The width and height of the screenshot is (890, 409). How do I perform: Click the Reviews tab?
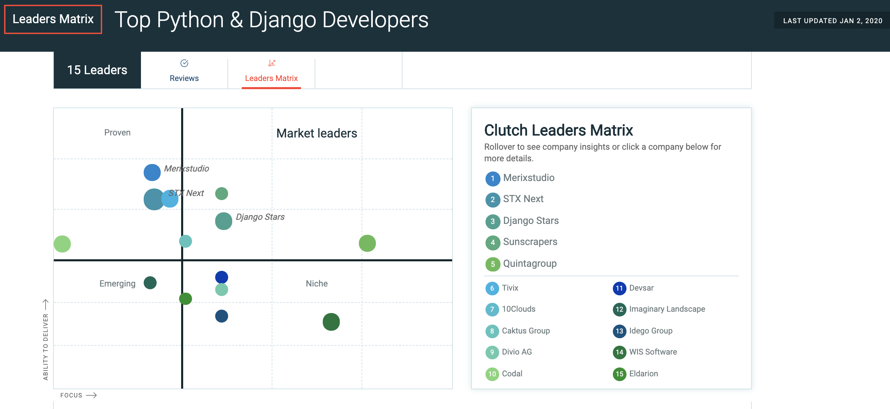pyautogui.click(x=184, y=71)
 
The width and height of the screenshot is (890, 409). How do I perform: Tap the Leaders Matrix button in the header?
pyautogui.click(x=53, y=19)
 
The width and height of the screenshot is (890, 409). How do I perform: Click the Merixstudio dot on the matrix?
pyautogui.click(x=152, y=172)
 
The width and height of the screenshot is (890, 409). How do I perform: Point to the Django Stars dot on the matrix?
pyautogui.click(x=224, y=221)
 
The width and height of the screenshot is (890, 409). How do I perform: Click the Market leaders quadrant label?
pyautogui.click(x=317, y=133)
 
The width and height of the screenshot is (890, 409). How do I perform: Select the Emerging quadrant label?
pyautogui.click(x=117, y=283)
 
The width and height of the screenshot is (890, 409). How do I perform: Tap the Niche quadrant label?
pyautogui.click(x=317, y=283)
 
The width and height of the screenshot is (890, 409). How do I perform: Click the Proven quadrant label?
pyautogui.click(x=117, y=133)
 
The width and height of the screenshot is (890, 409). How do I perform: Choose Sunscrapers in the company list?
pyautogui.click(x=530, y=242)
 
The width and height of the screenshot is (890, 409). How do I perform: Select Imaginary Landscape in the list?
pyautogui.click(x=667, y=309)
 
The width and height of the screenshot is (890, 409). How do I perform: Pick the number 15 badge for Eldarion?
pyautogui.click(x=619, y=374)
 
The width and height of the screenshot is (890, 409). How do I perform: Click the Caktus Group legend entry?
pyautogui.click(x=525, y=331)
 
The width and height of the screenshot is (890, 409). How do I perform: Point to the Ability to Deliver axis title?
pyautogui.click(x=46, y=346)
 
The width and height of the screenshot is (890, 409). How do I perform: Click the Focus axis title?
pyautogui.click(x=71, y=395)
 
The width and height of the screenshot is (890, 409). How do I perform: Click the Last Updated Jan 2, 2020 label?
pyautogui.click(x=833, y=21)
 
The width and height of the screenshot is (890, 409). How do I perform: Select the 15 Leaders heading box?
pyautogui.click(x=97, y=70)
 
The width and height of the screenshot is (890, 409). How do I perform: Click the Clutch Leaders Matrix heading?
pyautogui.click(x=558, y=130)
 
